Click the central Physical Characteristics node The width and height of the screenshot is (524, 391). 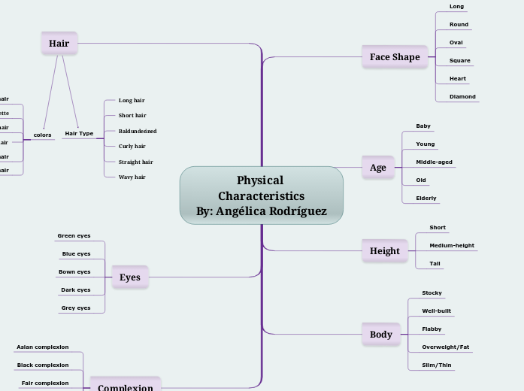tap(261, 195)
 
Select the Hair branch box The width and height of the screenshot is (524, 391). tap(59, 44)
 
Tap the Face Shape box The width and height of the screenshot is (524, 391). tap(395, 57)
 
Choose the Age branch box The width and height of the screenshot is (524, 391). tap(377, 168)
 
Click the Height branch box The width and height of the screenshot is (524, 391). tap(384, 251)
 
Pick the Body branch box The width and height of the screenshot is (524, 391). tap(380, 335)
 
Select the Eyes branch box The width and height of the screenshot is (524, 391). tap(130, 277)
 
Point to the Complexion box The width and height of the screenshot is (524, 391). tap(125, 386)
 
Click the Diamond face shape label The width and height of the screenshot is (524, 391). tap(462, 97)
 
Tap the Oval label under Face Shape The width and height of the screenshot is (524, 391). tap(456, 43)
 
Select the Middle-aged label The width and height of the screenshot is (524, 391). tap(434, 162)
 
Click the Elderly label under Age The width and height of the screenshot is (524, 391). tap(426, 199)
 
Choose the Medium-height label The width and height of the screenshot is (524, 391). tap(451, 246)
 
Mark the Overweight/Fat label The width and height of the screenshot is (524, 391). tap(445, 347)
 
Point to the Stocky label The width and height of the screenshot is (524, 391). tap(432, 293)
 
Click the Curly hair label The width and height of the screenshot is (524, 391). tap(132, 147)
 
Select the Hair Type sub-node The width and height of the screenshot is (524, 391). tap(79, 134)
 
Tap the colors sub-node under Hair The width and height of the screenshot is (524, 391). tap(42, 135)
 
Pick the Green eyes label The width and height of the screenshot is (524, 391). tap(74, 236)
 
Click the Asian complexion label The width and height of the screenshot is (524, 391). tap(42, 347)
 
